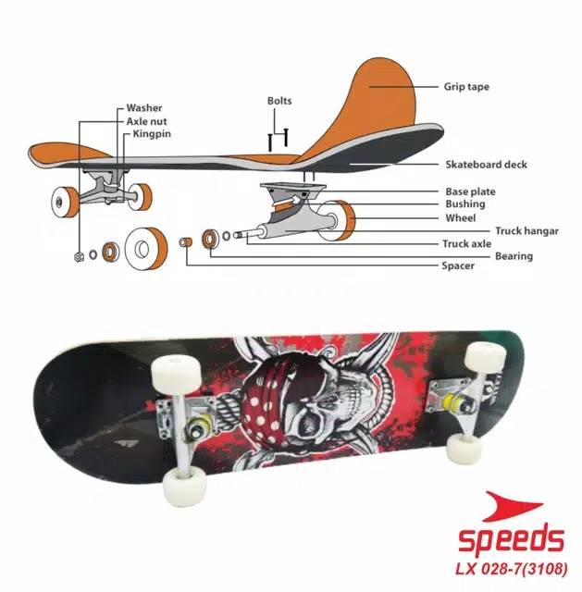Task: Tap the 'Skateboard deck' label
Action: [x=486, y=165]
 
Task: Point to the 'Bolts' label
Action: [x=279, y=100]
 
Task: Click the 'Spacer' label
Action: [x=457, y=266]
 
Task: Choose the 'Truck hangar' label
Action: [x=526, y=231]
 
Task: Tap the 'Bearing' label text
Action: [x=514, y=255]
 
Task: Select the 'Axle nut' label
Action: [x=148, y=120]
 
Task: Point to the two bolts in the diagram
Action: [x=279, y=138]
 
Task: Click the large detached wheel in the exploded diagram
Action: [x=145, y=246]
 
